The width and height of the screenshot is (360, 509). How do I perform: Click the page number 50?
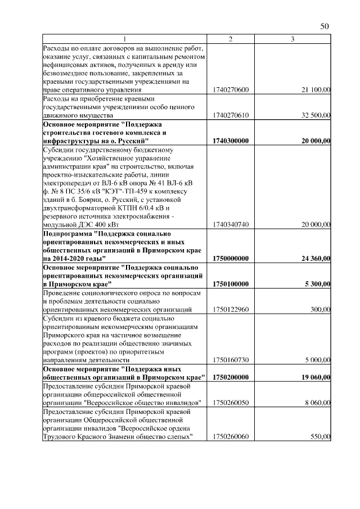324,26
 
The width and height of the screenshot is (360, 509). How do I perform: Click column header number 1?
125,39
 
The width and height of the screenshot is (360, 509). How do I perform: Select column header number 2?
231,39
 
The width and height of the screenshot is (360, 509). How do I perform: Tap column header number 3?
292,39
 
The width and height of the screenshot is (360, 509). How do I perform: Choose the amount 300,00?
321,309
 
